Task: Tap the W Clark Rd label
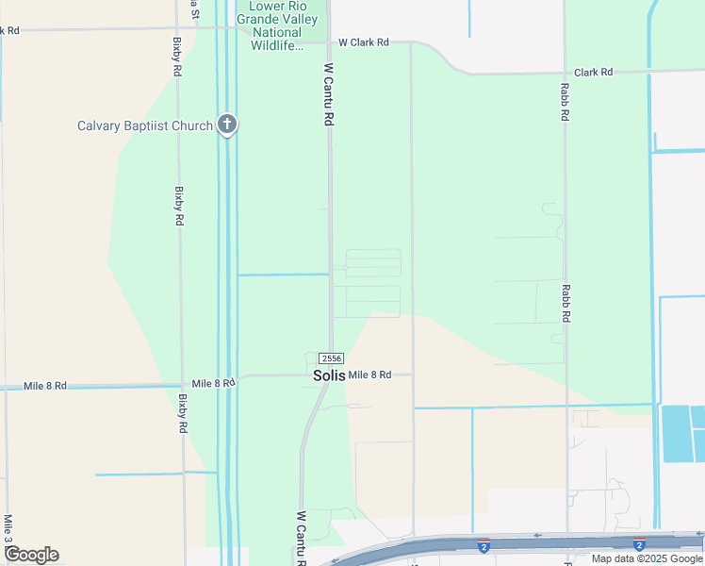363,42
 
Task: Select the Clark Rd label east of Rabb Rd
593,72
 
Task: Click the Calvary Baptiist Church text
145,125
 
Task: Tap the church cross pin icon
226,125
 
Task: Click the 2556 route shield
331,358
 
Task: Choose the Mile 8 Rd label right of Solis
369,375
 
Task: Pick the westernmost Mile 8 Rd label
44,386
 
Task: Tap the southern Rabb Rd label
566,305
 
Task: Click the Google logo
31,555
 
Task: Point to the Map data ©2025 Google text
648,558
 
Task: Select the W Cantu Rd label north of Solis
329,95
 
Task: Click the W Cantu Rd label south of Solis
302,539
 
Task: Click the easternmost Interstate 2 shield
639,545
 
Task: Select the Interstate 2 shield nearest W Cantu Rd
484,546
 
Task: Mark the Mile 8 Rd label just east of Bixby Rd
213,383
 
